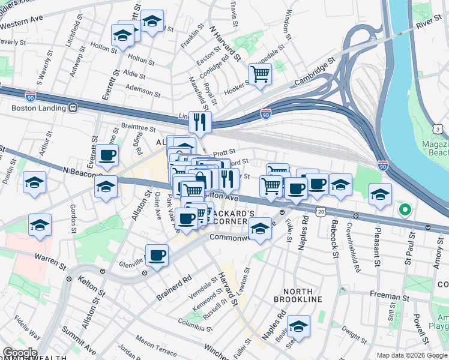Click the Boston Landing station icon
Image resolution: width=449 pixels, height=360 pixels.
(73, 109)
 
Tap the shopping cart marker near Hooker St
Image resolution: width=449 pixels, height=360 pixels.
(260, 74)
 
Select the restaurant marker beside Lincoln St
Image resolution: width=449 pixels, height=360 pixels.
(200, 122)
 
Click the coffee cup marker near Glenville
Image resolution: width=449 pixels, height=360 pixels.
(157, 256)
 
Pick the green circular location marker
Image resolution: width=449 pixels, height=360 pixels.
(405, 210)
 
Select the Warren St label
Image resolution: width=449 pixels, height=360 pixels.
(49, 262)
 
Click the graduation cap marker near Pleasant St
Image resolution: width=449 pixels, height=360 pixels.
(380, 194)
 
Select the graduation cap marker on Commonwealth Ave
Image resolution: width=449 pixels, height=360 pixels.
(260, 230)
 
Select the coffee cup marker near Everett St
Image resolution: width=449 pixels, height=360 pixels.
(107, 156)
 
